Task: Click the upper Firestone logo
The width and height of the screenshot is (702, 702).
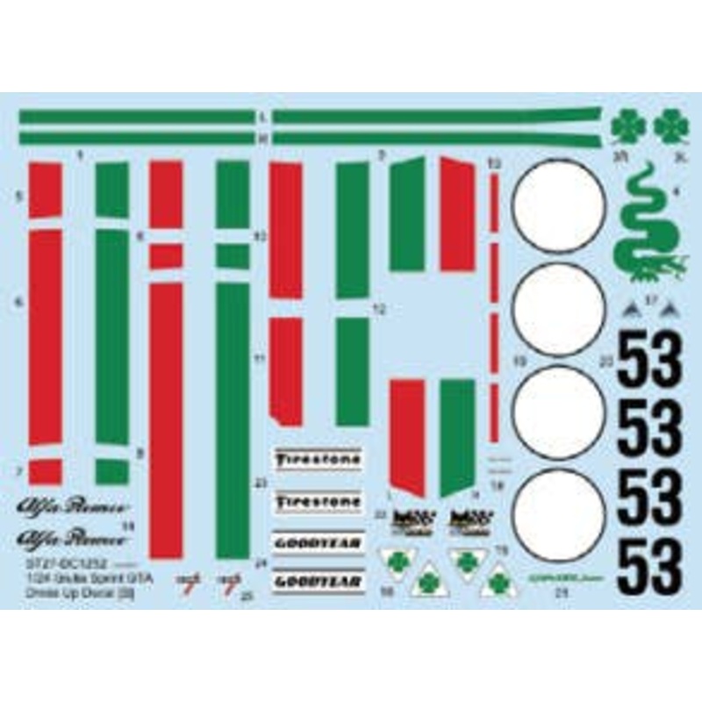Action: pos(319,458)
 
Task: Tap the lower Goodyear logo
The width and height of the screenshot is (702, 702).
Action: pos(319,580)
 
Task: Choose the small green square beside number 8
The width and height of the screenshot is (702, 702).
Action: pos(111,472)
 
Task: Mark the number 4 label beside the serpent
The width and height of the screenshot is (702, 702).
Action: pos(677,192)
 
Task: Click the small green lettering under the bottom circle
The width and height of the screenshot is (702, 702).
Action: pos(558,577)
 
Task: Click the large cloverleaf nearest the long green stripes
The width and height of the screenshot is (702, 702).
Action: pos(628,128)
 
